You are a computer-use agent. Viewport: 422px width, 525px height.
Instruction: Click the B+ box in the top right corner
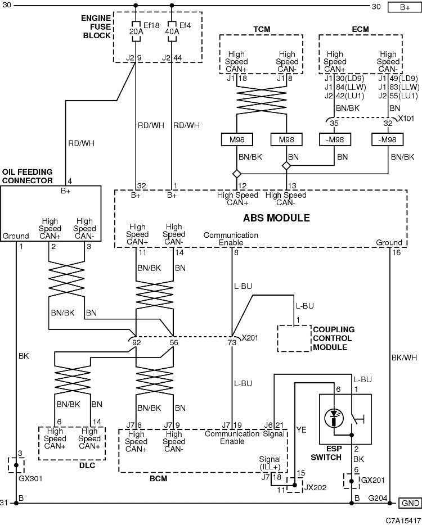(x=405, y=7)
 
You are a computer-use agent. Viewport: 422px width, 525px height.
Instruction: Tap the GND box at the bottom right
(x=410, y=503)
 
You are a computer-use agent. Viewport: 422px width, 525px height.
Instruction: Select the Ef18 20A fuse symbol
(x=136, y=31)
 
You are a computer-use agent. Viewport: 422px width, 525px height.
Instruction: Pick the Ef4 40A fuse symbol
(x=172, y=31)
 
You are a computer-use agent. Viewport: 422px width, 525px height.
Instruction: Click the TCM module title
(x=262, y=29)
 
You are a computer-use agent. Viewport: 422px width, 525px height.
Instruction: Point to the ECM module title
(x=360, y=29)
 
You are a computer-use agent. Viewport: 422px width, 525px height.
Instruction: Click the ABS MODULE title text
(x=276, y=218)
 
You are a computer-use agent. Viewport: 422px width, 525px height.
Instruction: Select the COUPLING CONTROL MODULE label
(x=334, y=338)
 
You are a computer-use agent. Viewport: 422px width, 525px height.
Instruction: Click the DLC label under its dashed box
(x=87, y=465)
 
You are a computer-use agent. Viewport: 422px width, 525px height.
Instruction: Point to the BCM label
(x=158, y=478)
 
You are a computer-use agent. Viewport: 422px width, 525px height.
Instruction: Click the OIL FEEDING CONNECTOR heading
(x=28, y=176)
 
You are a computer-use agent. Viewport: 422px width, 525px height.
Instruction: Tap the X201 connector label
(x=250, y=337)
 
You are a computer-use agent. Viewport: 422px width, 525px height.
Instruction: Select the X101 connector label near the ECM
(x=406, y=118)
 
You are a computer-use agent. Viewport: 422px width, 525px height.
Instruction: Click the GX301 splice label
(x=30, y=478)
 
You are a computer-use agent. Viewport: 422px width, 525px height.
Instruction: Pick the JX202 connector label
(x=315, y=487)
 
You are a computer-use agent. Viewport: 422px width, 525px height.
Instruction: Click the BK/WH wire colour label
(x=404, y=357)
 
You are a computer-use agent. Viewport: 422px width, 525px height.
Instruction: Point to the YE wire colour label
(x=302, y=429)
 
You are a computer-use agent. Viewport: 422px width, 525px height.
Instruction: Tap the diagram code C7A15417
(x=403, y=521)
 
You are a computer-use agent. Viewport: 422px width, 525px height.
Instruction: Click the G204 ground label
(x=378, y=498)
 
